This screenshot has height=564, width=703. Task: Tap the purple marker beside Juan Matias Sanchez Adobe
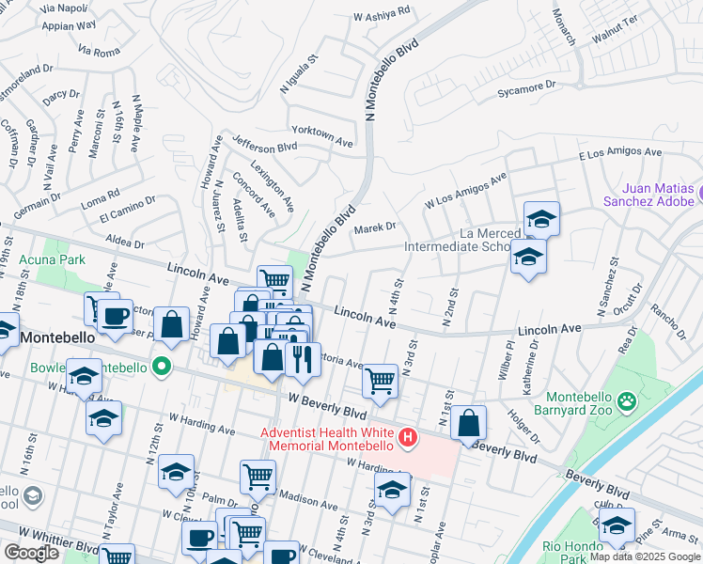coord(699,196)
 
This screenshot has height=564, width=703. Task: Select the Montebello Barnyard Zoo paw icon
coord(627,403)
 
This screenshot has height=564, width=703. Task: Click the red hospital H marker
coord(408,437)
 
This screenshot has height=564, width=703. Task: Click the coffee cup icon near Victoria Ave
coord(117,316)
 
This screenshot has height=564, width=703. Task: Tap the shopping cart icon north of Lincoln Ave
coord(273,279)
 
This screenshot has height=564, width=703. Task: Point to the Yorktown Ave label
coord(322,136)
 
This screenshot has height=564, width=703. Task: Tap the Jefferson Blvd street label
coord(265,148)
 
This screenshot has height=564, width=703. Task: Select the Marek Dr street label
coord(376,227)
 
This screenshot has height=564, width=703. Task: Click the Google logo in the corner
coord(31,553)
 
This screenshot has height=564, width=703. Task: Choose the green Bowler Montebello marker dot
coord(163,366)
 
